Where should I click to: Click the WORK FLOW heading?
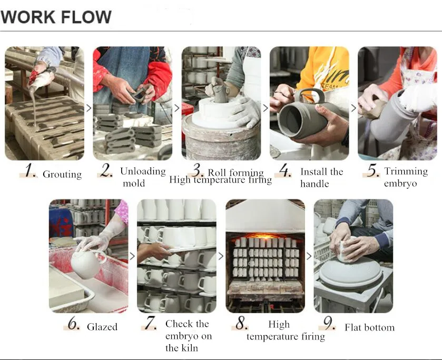point(56,17)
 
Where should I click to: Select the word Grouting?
point(62,174)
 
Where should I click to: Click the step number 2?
point(106,171)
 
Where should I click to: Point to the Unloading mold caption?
point(143,177)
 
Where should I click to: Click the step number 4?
point(285,171)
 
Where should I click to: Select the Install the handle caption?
point(322,177)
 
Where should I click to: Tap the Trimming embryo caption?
point(406,177)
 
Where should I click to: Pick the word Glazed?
point(102,327)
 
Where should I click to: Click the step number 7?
point(150,323)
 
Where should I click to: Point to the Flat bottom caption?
point(369,327)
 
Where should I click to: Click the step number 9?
point(329,323)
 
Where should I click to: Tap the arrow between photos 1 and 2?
point(89,108)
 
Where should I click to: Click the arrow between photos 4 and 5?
point(353,108)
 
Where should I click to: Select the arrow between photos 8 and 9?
point(309,256)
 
